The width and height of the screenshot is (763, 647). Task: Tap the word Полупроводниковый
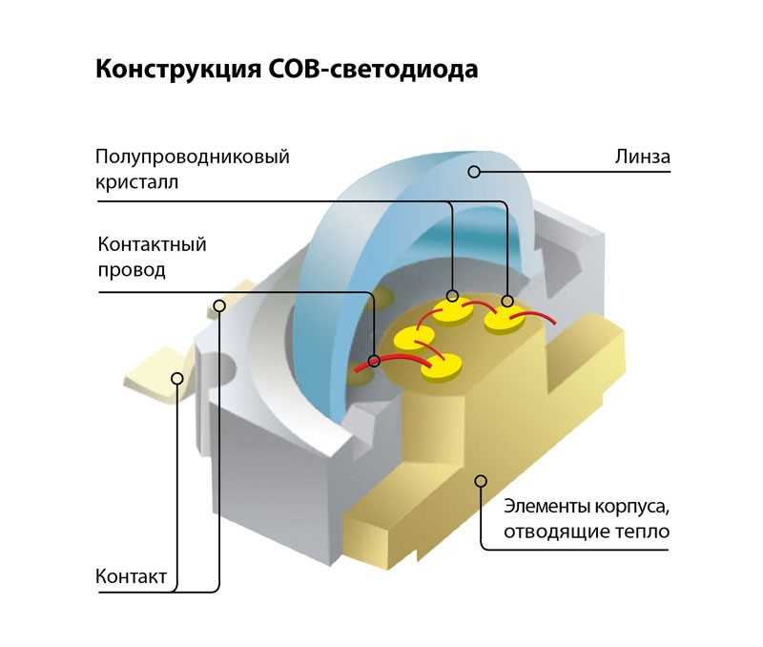point(192,156)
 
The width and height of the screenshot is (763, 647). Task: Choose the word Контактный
point(152,244)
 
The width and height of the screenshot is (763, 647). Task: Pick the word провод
point(132,269)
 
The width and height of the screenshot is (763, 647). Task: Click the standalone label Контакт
point(132,576)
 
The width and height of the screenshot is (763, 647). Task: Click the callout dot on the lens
point(474,172)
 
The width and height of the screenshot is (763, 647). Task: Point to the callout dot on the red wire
point(374,362)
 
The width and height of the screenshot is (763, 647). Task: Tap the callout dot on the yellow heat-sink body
point(481,479)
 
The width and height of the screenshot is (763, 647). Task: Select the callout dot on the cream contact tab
point(176,378)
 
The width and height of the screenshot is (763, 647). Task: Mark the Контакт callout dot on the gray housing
point(219,305)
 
